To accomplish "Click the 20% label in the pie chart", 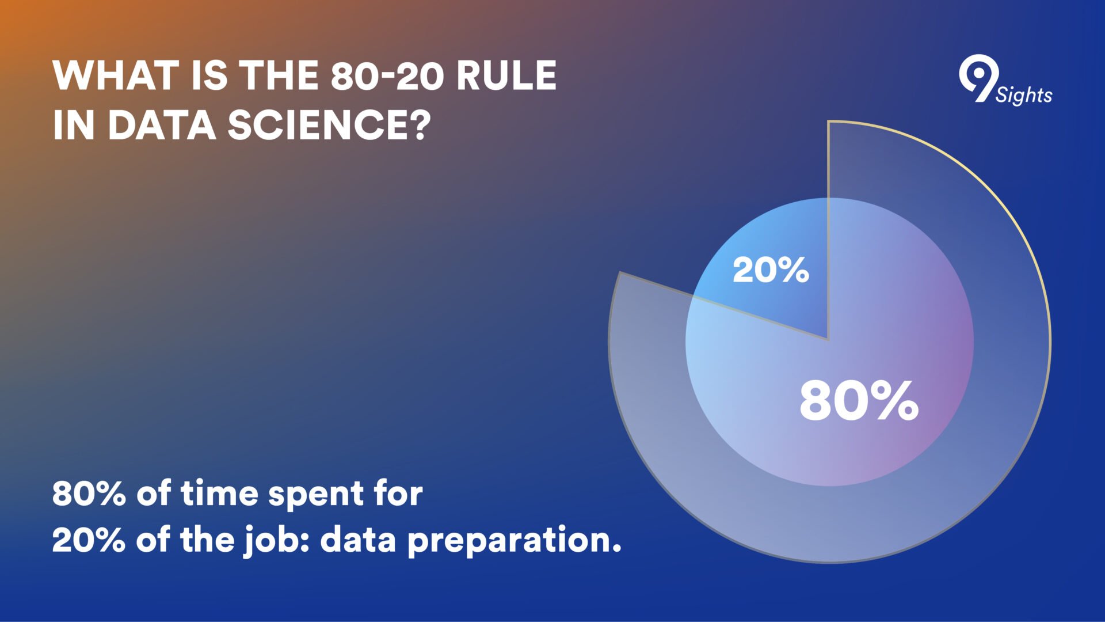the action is click(x=771, y=270).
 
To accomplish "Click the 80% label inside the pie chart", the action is click(x=859, y=400).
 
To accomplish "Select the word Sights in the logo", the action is click(x=1024, y=94).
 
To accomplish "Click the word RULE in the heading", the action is click(x=507, y=75).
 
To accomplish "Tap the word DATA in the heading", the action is click(x=162, y=125).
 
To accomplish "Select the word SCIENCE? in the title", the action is click(x=329, y=125).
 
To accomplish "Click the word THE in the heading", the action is click(x=279, y=75).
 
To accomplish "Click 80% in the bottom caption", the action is click(x=89, y=494).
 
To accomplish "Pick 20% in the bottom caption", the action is click(x=89, y=540).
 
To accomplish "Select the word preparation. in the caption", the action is click(x=515, y=541).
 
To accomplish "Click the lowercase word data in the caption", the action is click(x=358, y=540).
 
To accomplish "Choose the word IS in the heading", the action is click(x=209, y=75).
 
